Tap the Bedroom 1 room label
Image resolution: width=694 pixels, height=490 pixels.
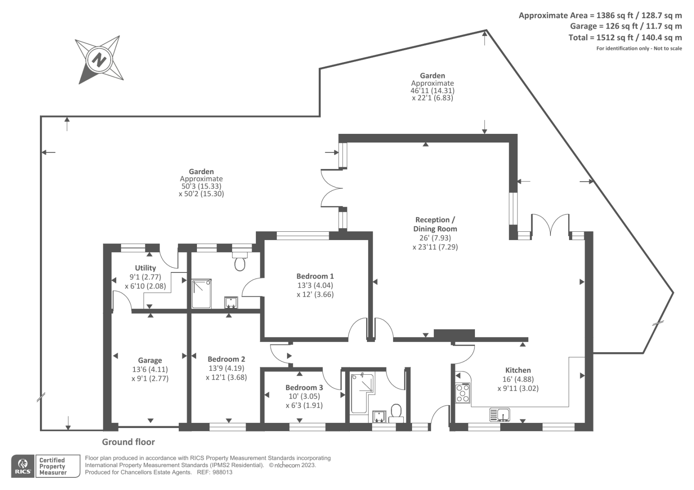315,276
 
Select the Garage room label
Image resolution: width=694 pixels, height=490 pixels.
150,360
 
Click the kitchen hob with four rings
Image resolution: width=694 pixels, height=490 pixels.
463,393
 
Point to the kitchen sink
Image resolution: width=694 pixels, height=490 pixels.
500,415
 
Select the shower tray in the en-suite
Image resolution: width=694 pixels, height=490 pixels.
202,294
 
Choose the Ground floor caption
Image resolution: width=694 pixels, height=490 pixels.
128,442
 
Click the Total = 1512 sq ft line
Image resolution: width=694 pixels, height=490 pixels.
625,38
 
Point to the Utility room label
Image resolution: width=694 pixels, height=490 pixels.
145,268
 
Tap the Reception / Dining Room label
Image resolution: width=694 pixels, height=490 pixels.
435,224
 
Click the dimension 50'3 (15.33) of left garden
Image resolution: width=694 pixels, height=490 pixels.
201,186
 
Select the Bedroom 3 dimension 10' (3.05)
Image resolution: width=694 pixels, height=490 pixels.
304,396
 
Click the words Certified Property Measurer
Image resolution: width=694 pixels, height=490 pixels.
52,466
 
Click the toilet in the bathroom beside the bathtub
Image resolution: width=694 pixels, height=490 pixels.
396,412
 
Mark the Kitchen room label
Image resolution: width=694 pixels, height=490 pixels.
518,370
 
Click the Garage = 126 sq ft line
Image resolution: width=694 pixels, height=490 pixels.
626,26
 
